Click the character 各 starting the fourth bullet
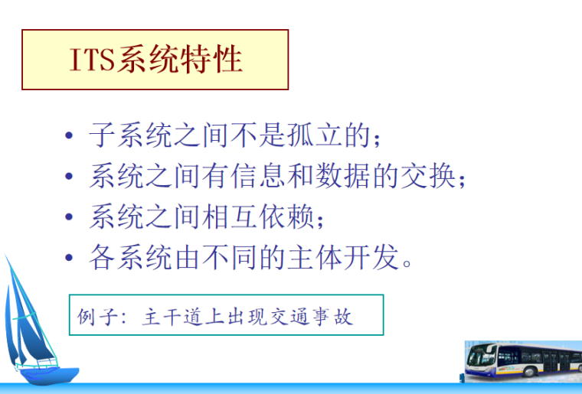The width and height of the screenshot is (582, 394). (x=101, y=258)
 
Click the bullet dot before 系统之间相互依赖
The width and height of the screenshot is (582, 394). (x=70, y=218)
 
